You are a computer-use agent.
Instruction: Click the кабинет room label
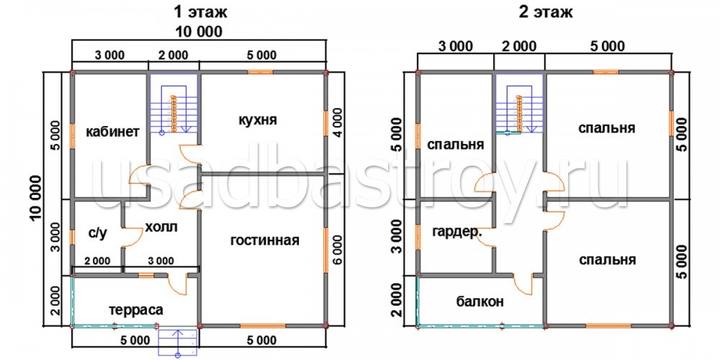(x=113, y=132)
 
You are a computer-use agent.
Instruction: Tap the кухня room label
(x=258, y=120)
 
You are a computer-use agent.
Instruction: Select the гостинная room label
(x=265, y=240)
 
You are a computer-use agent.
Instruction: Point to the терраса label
(x=136, y=310)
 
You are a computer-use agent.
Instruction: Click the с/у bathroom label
(x=97, y=234)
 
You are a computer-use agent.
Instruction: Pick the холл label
(x=161, y=227)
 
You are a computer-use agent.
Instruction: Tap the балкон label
(x=480, y=302)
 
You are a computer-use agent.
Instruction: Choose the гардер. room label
(x=457, y=233)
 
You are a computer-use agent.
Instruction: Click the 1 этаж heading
(x=201, y=12)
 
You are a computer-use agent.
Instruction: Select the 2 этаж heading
(x=546, y=12)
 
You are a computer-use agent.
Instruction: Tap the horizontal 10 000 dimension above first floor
(x=199, y=32)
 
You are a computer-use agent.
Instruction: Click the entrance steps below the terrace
(x=178, y=342)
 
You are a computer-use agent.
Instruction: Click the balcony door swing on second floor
(x=522, y=286)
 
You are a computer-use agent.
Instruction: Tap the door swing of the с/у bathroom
(x=134, y=237)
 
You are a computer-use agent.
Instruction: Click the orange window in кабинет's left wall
(x=72, y=136)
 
